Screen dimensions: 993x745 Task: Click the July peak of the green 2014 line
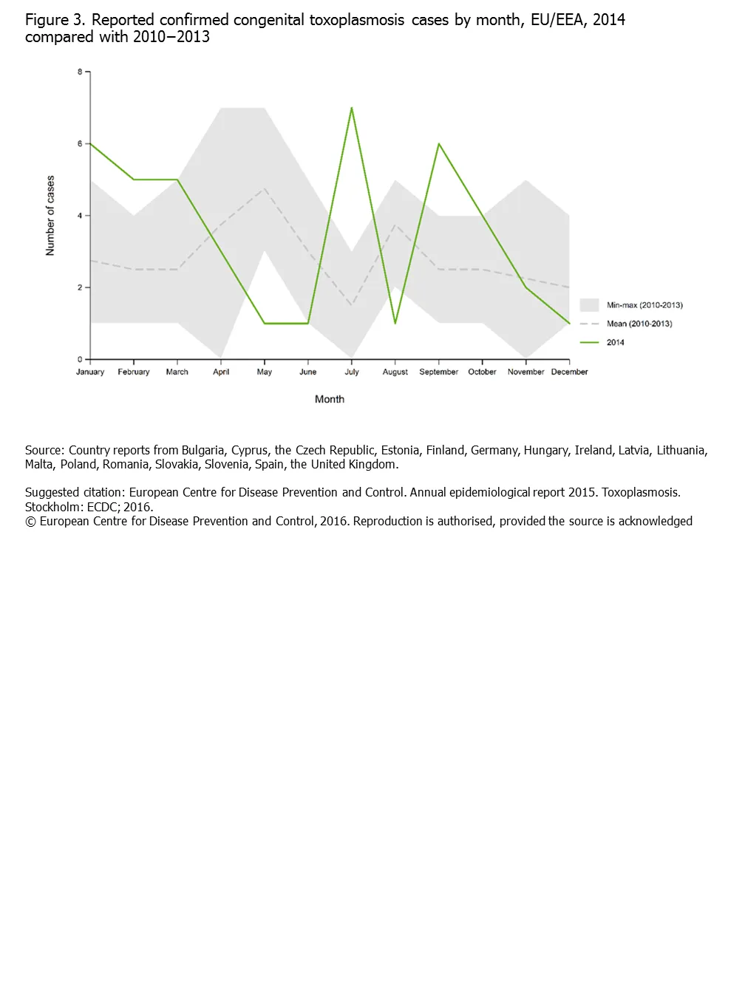pyautogui.click(x=352, y=109)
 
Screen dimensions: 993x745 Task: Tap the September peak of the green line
pyautogui.click(x=439, y=144)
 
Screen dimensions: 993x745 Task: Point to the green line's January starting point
pyautogui.click(x=91, y=144)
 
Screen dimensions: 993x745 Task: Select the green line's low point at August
pyautogui.click(x=395, y=323)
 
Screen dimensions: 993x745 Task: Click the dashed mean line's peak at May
pyautogui.click(x=265, y=188)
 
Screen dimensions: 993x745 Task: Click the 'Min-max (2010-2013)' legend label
pyautogui.click(x=644, y=305)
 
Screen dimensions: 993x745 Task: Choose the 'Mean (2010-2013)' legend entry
pyautogui.click(x=639, y=324)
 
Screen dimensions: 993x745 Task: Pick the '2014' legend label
pyautogui.click(x=615, y=342)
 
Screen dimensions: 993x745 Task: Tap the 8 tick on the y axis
pyautogui.click(x=80, y=72)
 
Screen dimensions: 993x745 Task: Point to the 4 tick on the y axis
pyautogui.click(x=80, y=216)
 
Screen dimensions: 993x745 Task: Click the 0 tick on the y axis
pyautogui.click(x=80, y=360)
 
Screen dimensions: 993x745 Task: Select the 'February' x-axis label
pyautogui.click(x=134, y=372)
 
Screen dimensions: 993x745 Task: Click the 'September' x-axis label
pyautogui.click(x=439, y=372)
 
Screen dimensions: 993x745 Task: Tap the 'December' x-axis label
pyautogui.click(x=569, y=372)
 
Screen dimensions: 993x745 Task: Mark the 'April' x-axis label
pyautogui.click(x=221, y=372)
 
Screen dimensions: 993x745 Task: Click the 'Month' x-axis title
pyautogui.click(x=330, y=399)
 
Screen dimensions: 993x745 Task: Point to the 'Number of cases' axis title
pyautogui.click(x=50, y=216)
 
